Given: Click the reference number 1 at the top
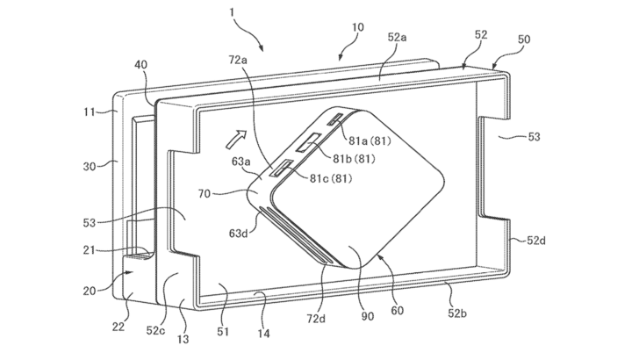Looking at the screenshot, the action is [x=232, y=12].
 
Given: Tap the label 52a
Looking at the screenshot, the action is [x=397, y=38].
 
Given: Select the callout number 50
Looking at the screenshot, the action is [x=524, y=40].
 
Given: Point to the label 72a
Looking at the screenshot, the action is [x=238, y=61].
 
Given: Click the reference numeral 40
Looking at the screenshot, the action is [x=141, y=64].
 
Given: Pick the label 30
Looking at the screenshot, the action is [x=90, y=166].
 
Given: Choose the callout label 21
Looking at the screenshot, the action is [x=90, y=250].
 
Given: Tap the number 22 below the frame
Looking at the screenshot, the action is [x=118, y=327].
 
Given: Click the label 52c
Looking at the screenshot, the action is [x=155, y=330].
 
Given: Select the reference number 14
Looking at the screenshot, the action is [x=263, y=334].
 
